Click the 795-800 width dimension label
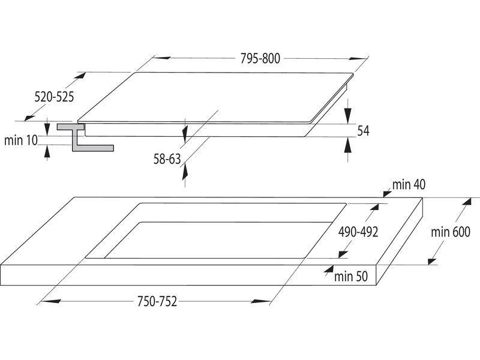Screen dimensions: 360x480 tap(260, 59)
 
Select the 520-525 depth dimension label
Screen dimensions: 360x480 tap(54, 97)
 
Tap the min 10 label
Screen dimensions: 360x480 tap(21, 140)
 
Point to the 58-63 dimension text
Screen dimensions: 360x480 tap(167, 159)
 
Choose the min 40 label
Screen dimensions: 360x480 tap(409, 185)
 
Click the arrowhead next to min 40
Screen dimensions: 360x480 tap(386, 192)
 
